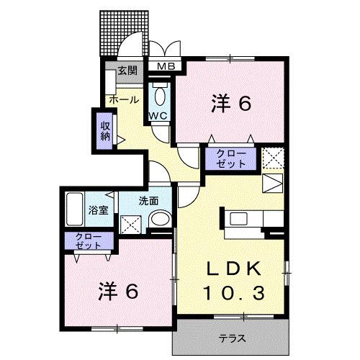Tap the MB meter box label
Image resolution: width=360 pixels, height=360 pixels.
click(x=166, y=68)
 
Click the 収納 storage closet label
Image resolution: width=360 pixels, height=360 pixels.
click(x=105, y=130)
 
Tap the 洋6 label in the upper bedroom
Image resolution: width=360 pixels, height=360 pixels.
click(x=230, y=104)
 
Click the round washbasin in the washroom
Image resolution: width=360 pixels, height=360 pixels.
click(x=161, y=220)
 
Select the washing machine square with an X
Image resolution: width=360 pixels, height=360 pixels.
click(x=132, y=222)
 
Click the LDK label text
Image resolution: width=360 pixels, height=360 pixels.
click(x=233, y=269)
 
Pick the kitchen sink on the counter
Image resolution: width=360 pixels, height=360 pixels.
click(x=238, y=218)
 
